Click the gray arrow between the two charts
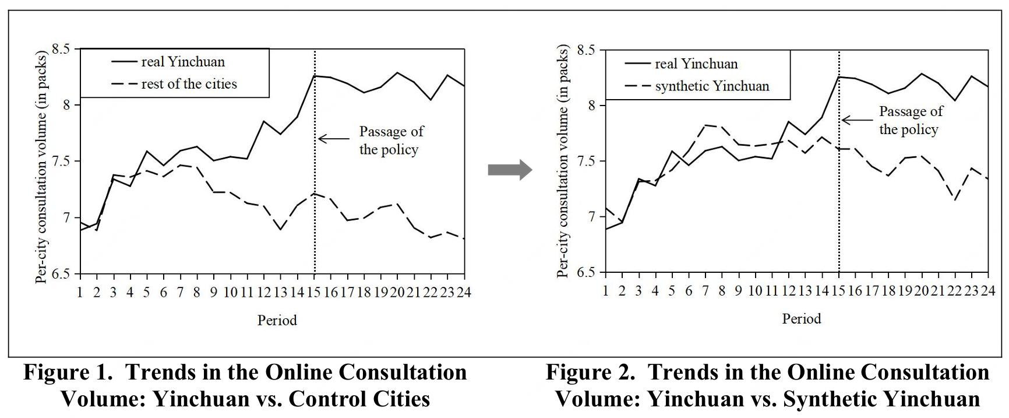[x=509, y=170]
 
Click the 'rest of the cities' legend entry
[x=189, y=84]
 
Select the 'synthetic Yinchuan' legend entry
[x=711, y=86]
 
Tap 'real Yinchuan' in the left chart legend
[x=182, y=62]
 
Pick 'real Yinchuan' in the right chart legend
[x=696, y=64]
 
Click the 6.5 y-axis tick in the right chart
[x=585, y=273]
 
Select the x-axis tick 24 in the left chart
[x=463, y=291]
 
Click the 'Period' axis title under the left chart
[x=277, y=320]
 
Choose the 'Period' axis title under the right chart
[x=802, y=319]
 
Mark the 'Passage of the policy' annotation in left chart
[x=391, y=140]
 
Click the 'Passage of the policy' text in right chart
[x=910, y=120]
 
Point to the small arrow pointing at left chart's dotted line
[x=331, y=139]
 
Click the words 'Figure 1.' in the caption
[x=67, y=373]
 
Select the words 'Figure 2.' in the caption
[x=590, y=373]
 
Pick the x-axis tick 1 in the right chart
[x=605, y=290]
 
